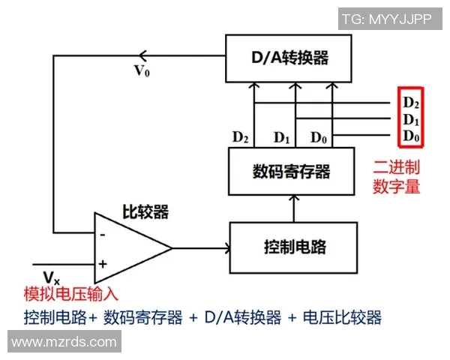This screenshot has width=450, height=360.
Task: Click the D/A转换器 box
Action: [x=289, y=58]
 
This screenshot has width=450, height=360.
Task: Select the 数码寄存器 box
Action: [x=291, y=171]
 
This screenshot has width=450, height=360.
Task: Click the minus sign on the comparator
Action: [x=103, y=233]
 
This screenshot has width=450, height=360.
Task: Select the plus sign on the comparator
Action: [x=103, y=264]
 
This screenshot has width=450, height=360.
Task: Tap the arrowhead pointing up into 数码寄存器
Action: [x=294, y=198]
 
